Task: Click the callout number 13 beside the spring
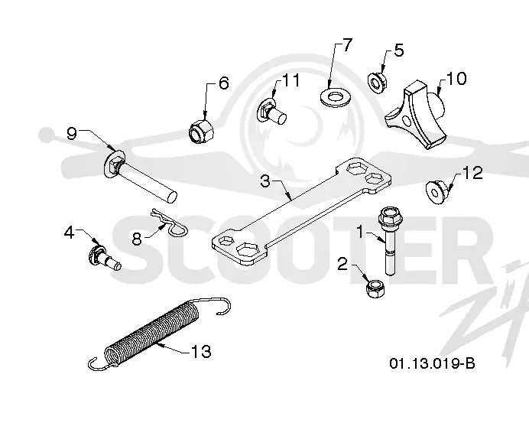[x=201, y=351]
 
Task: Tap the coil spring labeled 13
[x=158, y=334]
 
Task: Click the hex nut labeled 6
[x=201, y=131]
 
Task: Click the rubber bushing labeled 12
[x=437, y=193]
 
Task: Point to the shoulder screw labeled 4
[x=104, y=255]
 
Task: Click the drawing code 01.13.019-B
[x=432, y=363]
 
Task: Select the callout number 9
[x=72, y=134]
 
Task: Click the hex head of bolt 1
[x=391, y=217]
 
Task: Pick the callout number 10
[x=456, y=78]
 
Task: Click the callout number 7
[x=347, y=45]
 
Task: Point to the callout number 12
[x=472, y=173]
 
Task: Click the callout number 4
[x=69, y=233]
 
